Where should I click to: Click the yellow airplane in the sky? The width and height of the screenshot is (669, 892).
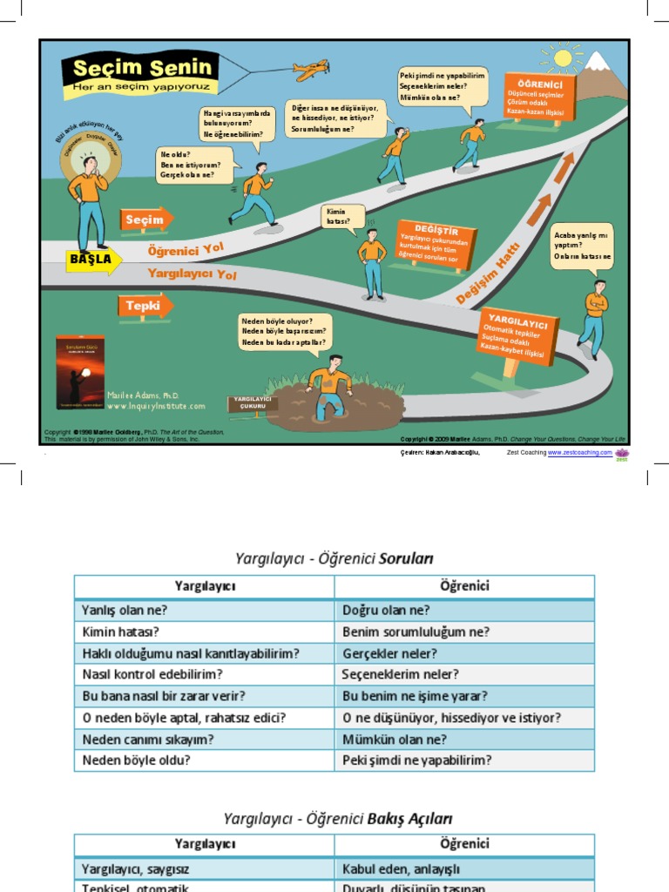pyautogui.click(x=311, y=70)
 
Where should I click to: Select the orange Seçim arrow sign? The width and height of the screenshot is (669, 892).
pyautogui.click(x=146, y=220)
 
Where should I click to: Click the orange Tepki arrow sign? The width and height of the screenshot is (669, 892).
pyautogui.click(x=145, y=306)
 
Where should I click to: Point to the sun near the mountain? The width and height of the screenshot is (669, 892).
pyautogui.click(x=563, y=58)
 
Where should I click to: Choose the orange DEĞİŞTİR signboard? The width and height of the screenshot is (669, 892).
pyautogui.click(x=435, y=243)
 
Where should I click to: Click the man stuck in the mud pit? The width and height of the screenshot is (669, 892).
pyautogui.click(x=329, y=388)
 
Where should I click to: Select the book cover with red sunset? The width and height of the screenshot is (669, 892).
pyautogui.click(x=79, y=372)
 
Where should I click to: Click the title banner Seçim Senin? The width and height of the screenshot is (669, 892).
pyautogui.click(x=139, y=73)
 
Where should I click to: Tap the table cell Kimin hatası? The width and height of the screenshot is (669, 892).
pyautogui.click(x=204, y=632)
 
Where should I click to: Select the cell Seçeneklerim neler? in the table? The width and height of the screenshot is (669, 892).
pyautogui.click(x=464, y=674)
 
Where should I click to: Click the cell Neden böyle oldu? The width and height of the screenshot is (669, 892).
pyautogui.click(x=204, y=760)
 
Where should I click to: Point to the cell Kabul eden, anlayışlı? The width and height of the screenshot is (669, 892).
pyautogui.click(x=464, y=868)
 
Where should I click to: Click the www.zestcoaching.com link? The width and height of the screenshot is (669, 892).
pyautogui.click(x=579, y=453)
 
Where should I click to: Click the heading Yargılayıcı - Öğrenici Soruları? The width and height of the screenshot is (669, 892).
pyautogui.click(x=334, y=557)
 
